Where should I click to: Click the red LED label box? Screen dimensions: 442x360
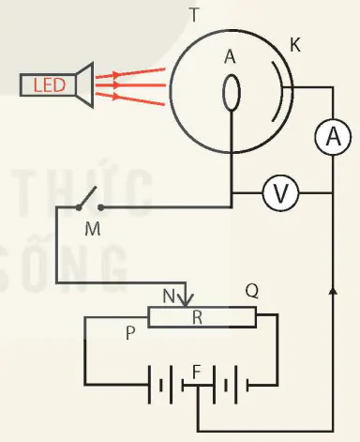[x=49, y=85]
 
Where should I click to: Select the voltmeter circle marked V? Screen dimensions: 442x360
[x=277, y=194]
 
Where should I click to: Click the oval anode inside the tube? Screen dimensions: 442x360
[x=231, y=95]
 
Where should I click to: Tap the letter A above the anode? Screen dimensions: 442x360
[x=230, y=58]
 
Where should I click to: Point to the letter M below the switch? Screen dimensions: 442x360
[x=92, y=228]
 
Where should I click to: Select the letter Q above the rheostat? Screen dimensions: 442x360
[x=251, y=290]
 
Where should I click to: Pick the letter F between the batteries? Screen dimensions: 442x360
[x=197, y=373]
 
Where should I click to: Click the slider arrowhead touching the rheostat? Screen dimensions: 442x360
[x=187, y=301]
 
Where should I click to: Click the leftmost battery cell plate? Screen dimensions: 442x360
[x=151, y=385]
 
